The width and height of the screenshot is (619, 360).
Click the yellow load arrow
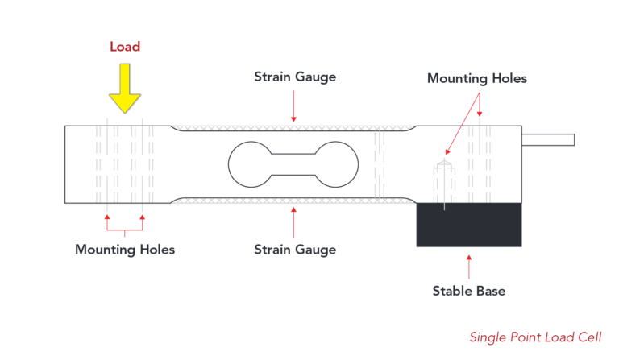[x=125, y=89]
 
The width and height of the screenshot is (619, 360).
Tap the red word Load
[x=125, y=47]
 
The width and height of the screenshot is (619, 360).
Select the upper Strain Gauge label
[x=295, y=77]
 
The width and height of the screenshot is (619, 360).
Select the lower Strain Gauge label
[x=295, y=249]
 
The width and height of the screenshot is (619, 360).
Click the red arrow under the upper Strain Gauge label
[x=293, y=107]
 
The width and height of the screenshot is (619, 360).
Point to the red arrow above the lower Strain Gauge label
[x=293, y=221]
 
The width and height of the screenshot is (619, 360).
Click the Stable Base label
[x=468, y=291]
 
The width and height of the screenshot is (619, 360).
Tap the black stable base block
[x=468, y=224]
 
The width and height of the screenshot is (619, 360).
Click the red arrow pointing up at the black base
[x=468, y=265]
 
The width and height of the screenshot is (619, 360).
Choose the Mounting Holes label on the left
[x=125, y=249]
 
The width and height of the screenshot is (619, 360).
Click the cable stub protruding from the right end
[x=548, y=140]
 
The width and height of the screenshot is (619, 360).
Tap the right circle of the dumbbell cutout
[x=336, y=163]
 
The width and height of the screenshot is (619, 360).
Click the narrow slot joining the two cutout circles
[x=293, y=163]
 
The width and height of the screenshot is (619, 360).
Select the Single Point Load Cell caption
[x=535, y=337]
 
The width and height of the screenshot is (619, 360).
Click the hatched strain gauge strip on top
[x=293, y=127]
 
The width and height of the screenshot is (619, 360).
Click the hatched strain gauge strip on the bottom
[x=293, y=200]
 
